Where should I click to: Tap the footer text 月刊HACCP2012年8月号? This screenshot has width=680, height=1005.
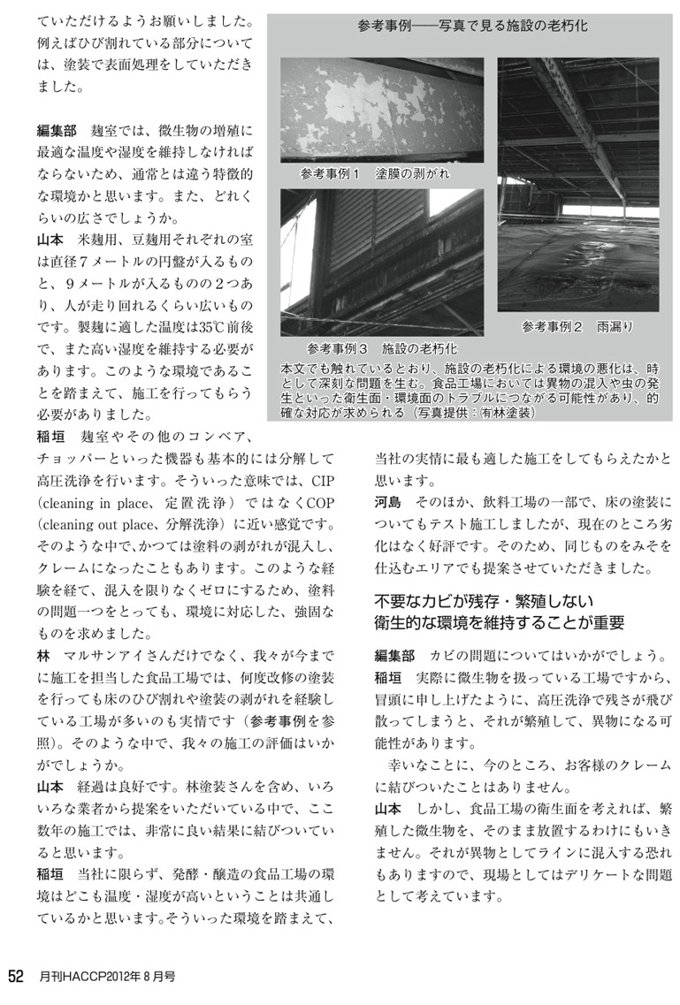tap(107, 978)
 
